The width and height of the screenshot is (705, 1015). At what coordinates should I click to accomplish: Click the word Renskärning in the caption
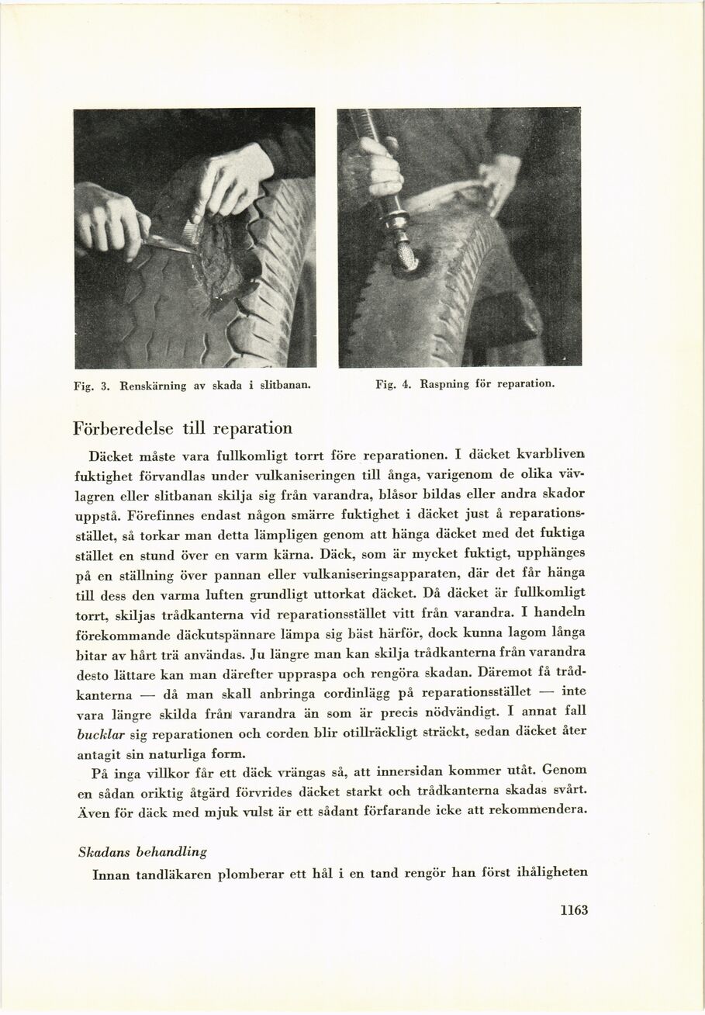[151, 383]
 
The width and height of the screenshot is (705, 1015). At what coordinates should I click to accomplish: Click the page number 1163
[574, 911]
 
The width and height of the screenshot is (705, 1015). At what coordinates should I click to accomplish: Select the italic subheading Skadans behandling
[143, 852]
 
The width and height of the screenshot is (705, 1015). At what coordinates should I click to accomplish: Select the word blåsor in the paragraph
[419, 494]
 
